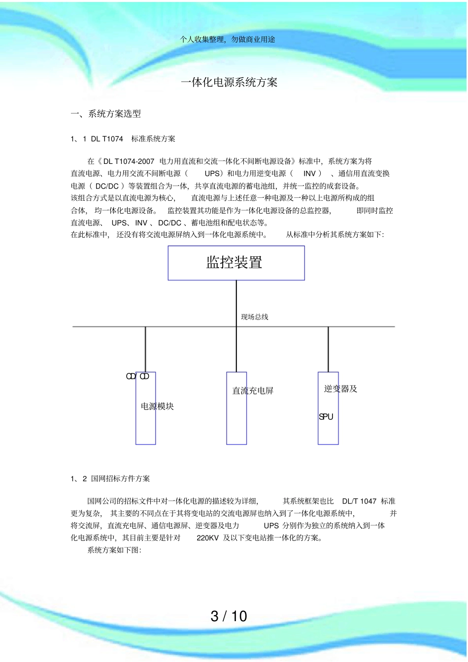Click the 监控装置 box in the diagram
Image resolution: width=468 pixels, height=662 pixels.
236,263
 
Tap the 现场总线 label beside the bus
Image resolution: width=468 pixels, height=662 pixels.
254,317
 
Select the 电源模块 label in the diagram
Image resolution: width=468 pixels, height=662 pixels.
157,407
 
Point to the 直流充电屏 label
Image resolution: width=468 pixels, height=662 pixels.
253,391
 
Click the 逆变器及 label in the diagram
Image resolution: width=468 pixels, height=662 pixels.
340,389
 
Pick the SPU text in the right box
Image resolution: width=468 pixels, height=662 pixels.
326,417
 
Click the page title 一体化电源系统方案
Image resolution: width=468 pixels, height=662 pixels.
229,82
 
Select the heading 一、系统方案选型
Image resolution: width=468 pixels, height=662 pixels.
106,114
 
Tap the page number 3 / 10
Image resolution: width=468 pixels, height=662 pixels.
229,616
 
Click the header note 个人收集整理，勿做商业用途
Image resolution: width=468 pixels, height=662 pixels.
228,39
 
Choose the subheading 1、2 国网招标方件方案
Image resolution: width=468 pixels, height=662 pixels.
110,478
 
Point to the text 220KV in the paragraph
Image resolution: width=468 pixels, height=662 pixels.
207,538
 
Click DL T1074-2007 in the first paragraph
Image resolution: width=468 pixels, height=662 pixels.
129,161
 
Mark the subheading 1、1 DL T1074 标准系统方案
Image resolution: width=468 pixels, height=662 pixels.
123,139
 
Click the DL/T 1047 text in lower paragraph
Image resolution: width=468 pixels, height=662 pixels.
359,501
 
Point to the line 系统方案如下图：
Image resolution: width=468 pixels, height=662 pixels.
114,550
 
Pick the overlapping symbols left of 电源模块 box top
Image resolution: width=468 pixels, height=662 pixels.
137,377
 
